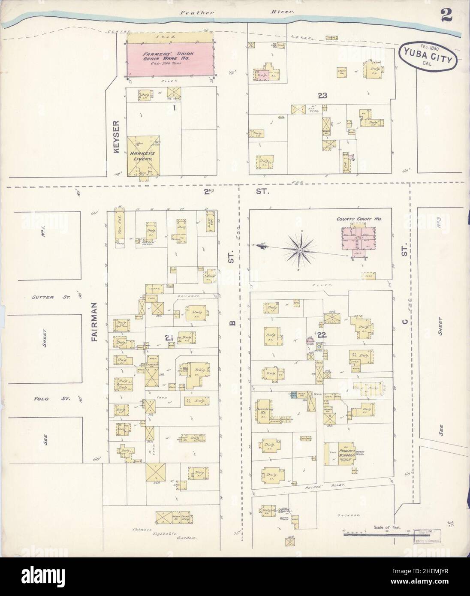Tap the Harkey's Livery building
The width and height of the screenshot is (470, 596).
(144, 155)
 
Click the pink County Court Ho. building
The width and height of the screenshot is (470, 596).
(359, 238)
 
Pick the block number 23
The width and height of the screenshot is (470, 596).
(322, 96)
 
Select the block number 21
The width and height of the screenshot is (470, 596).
(169, 339)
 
